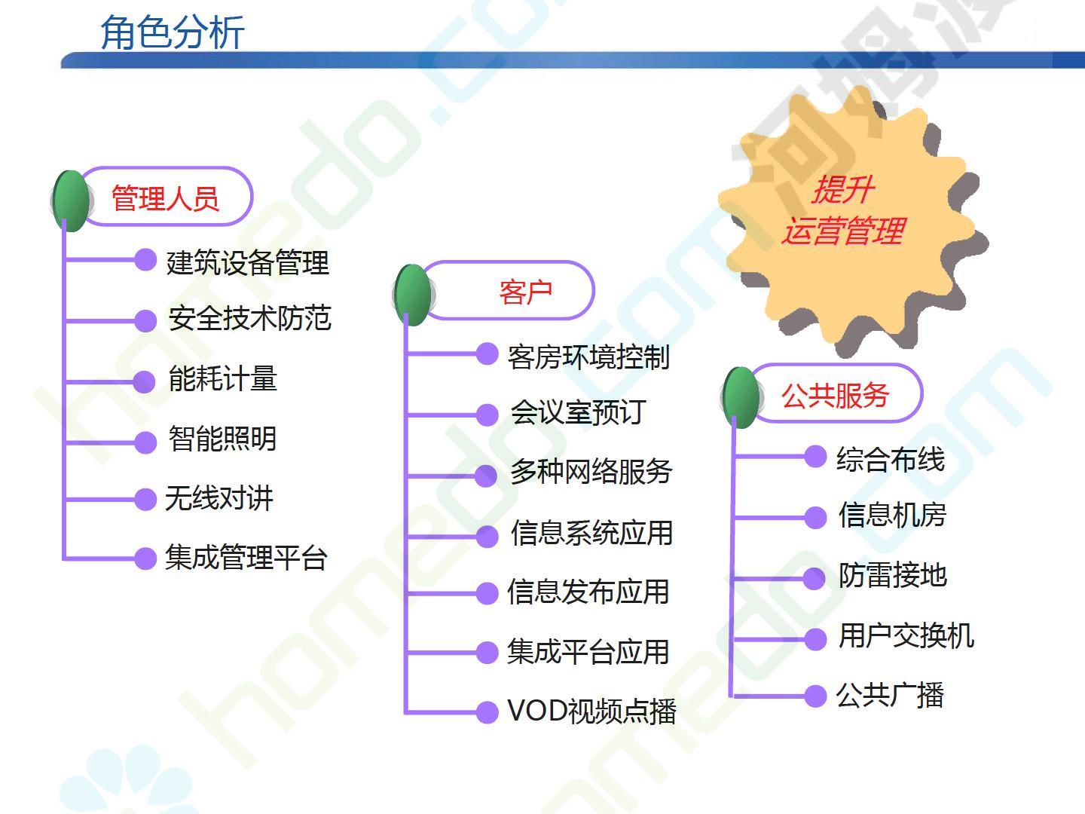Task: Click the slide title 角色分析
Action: (x=173, y=32)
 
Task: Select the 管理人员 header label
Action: (x=165, y=199)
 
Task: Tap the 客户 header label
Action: (x=525, y=292)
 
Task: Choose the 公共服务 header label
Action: (x=836, y=396)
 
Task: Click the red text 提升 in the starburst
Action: (x=843, y=189)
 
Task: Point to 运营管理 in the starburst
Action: (x=843, y=231)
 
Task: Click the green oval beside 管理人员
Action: (x=72, y=200)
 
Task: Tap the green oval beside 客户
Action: (x=413, y=295)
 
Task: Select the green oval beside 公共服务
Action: (x=741, y=397)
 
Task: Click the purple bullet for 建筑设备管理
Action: (x=146, y=260)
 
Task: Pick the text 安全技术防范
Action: (x=249, y=318)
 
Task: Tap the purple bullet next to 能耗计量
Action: (x=145, y=382)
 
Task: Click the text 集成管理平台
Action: (x=246, y=558)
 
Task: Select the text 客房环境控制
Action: (x=588, y=357)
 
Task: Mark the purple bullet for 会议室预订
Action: (x=487, y=415)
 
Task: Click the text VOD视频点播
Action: (x=591, y=711)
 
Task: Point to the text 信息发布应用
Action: (x=588, y=592)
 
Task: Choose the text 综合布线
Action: (x=891, y=459)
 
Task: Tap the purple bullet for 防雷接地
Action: (x=815, y=578)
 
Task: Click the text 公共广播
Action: (x=890, y=696)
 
